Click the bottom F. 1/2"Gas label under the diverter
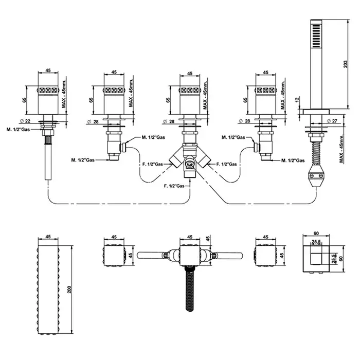tap(173, 185)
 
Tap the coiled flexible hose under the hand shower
tap(315, 152)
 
